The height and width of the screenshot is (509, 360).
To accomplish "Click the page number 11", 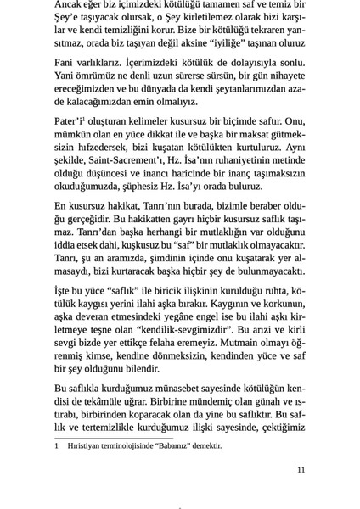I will point(300,469).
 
